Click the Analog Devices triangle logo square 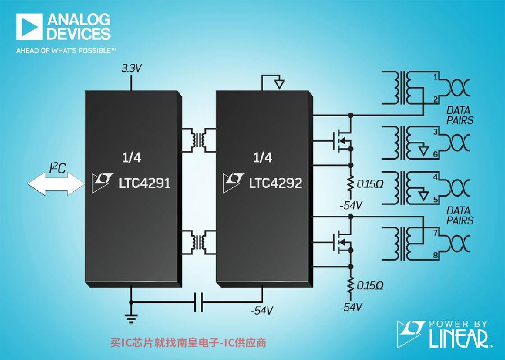(x=29, y=27)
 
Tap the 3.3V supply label (x=131, y=68)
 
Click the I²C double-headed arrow (x=56, y=184)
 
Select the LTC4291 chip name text (x=144, y=183)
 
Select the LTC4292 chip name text (x=276, y=183)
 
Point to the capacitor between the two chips (x=199, y=302)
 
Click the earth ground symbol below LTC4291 (x=131, y=318)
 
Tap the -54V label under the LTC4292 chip (x=262, y=311)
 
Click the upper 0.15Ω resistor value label (x=370, y=184)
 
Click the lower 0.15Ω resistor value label (x=370, y=285)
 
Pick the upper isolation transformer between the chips (x=199, y=140)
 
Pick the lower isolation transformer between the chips (x=199, y=242)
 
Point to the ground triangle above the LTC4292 (x=279, y=84)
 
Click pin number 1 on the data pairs (x=435, y=77)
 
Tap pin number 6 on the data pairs (x=435, y=155)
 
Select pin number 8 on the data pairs (x=435, y=256)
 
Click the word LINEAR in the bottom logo (x=458, y=338)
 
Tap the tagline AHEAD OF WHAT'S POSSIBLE (x=66, y=50)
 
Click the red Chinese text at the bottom (x=189, y=343)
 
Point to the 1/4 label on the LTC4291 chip (x=131, y=158)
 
